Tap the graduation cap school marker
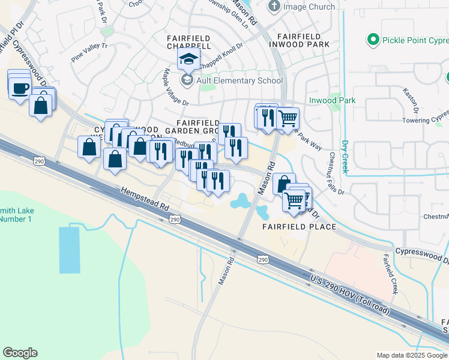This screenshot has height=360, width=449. coord(188,59)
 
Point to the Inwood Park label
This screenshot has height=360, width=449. coord(332,100)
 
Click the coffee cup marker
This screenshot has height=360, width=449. coord(20,88)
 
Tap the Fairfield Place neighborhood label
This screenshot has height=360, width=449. coord(298,227)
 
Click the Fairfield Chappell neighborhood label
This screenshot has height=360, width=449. coord(188,41)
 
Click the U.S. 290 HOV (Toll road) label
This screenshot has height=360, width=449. coord(350,296)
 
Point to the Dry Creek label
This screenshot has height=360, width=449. coord(345,157)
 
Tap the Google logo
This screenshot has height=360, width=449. coord(20,353)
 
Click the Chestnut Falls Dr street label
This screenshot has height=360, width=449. coord(336,173)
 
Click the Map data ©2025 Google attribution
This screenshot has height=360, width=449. coord(412,355)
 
